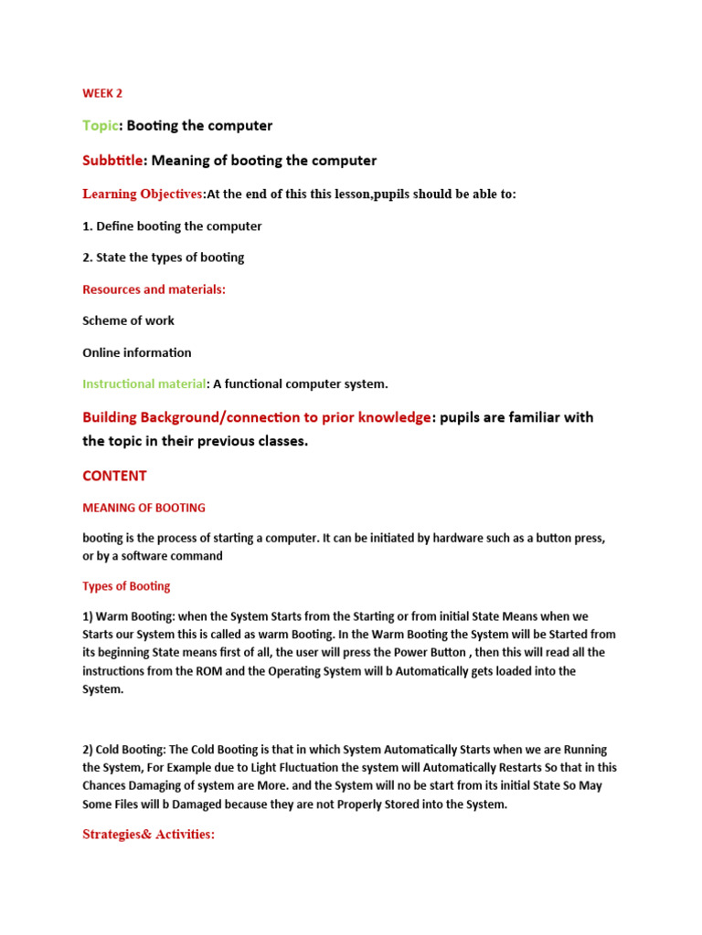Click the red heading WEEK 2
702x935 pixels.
102,93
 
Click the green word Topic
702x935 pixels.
101,125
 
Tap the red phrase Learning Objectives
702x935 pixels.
143,194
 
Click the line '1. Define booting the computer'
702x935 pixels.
172,226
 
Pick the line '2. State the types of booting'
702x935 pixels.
164,257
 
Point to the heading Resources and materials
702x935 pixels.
154,289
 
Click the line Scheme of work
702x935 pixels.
128,320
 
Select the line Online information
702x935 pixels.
137,352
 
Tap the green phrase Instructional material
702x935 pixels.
144,384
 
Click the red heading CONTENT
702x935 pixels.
114,476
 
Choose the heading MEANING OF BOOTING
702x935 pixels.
144,508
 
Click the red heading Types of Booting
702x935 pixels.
126,586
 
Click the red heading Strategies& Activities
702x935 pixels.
148,835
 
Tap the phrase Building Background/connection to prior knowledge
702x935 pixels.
256,417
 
